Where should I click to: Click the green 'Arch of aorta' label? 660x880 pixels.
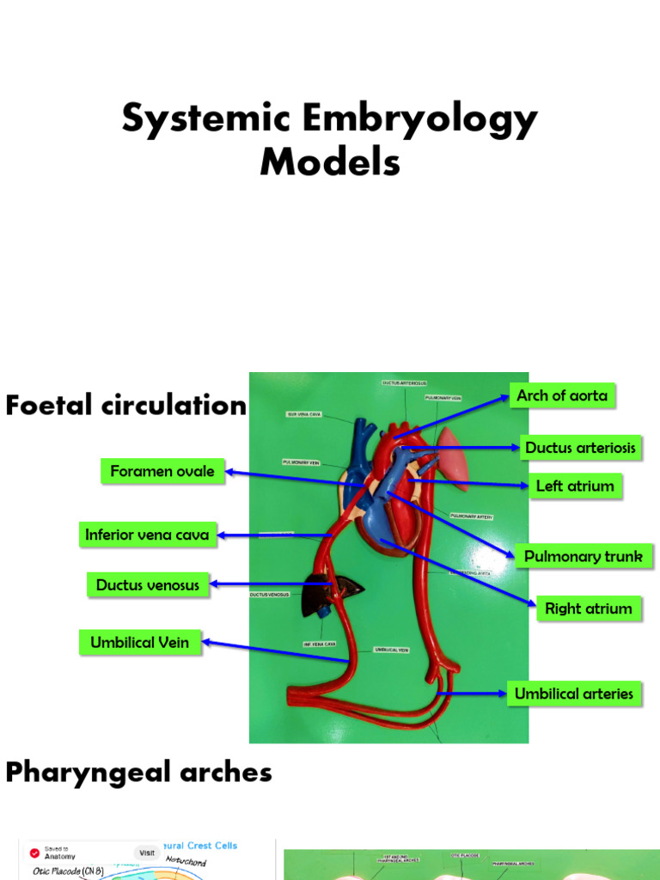pyautogui.click(x=562, y=396)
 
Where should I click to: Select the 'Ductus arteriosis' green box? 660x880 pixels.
pyautogui.click(x=580, y=448)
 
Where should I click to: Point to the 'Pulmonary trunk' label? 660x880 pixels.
pyautogui.click(x=583, y=557)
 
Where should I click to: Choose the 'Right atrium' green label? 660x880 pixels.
pyautogui.click(x=588, y=609)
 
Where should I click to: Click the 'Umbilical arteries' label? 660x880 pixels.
pyautogui.click(x=573, y=694)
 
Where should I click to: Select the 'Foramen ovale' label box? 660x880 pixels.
pyautogui.click(x=162, y=471)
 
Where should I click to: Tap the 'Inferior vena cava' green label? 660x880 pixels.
pyautogui.click(x=147, y=535)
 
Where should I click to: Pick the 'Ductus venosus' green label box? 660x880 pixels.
pyautogui.click(x=147, y=585)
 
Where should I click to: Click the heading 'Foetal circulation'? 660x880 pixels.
pyautogui.click(x=125, y=406)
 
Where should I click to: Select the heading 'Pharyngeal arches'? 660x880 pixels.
pyautogui.click(x=138, y=772)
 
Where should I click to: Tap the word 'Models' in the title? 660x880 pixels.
pyautogui.click(x=330, y=162)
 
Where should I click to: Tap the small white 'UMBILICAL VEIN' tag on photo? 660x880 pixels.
pyautogui.click(x=391, y=650)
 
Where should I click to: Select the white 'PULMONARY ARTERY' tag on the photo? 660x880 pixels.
pyautogui.click(x=471, y=516)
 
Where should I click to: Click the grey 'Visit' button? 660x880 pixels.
pyautogui.click(x=147, y=852)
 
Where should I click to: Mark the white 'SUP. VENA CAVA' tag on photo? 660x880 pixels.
pyautogui.click(x=304, y=413)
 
